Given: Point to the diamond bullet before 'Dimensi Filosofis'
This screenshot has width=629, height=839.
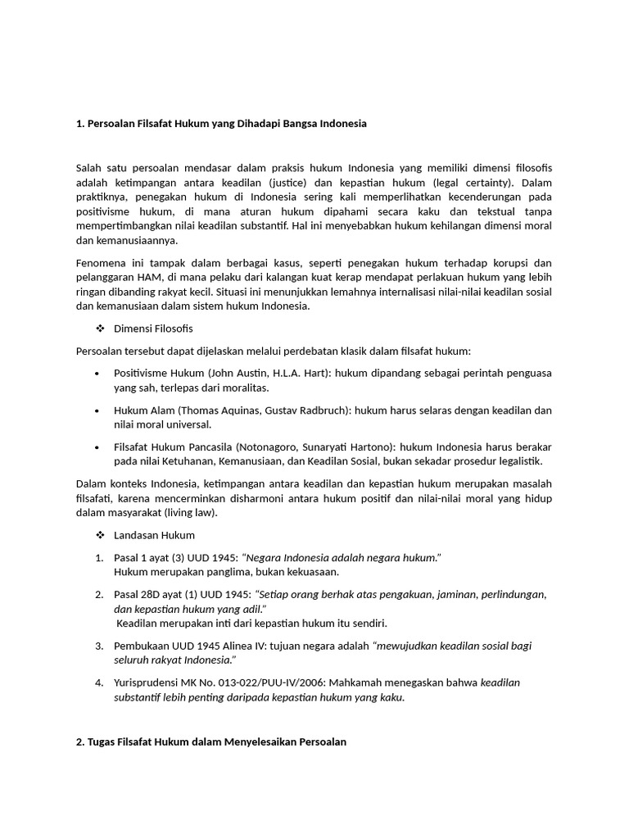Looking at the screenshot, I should (x=101, y=329).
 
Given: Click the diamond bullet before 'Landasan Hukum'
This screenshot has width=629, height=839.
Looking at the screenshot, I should (x=101, y=535).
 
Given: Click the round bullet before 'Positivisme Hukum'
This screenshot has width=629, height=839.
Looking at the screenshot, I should (x=97, y=373).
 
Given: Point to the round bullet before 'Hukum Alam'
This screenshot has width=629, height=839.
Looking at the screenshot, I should (x=97, y=410).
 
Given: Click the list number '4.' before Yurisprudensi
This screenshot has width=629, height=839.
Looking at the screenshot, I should (x=99, y=683).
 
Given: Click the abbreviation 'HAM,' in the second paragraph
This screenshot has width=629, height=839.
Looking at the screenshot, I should (x=149, y=278).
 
